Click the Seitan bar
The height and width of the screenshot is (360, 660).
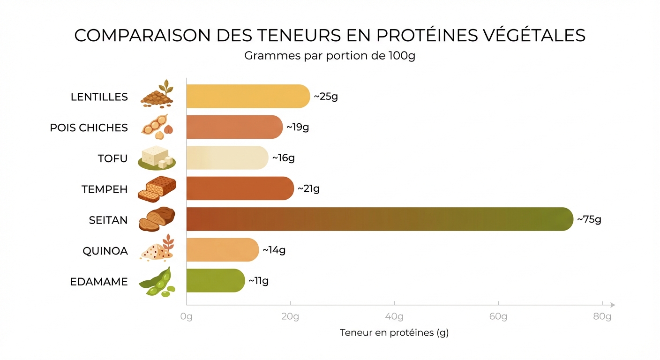(380, 219)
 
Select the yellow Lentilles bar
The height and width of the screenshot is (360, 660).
(248, 97)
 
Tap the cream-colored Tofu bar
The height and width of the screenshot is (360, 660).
(227, 158)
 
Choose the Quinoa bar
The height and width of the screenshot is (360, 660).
(223, 250)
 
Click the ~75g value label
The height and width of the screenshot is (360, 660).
(589, 219)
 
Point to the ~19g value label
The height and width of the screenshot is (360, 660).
(298, 127)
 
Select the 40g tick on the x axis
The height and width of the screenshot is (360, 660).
(394, 317)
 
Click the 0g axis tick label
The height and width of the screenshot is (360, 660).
(187, 317)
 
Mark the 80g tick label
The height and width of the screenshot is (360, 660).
(602, 317)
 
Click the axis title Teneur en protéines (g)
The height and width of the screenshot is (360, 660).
(394, 333)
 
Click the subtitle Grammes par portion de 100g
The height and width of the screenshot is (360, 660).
(330, 56)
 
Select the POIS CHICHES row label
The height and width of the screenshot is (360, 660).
(89, 127)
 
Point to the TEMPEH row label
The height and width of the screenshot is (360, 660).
(105, 189)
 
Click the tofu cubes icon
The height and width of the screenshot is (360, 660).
(157, 157)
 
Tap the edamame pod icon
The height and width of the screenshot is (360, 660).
(157, 281)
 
